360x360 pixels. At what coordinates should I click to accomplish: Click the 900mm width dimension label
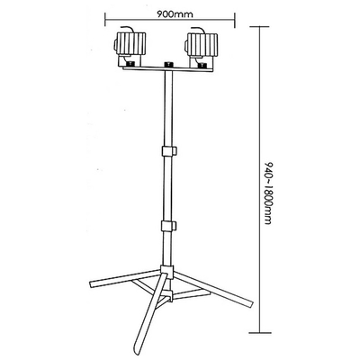[175, 14]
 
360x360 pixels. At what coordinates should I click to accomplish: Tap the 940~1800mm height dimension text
[268, 193]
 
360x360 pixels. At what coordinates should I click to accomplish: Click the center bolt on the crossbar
[168, 65]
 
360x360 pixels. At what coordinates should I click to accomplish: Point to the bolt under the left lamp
[130, 65]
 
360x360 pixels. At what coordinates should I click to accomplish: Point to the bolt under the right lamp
[202, 65]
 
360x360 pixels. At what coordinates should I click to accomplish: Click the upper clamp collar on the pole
[168, 151]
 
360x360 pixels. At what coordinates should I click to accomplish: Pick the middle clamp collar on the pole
[168, 226]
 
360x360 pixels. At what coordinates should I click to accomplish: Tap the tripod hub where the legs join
[166, 272]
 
